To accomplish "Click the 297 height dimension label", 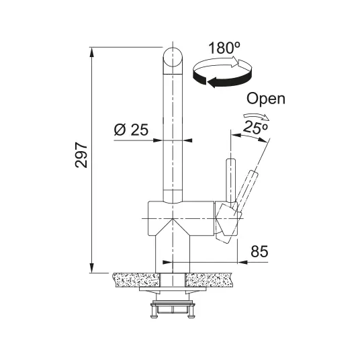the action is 81,155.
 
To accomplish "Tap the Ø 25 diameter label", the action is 131,130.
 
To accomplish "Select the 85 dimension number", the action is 259,251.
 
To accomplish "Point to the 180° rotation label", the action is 224,48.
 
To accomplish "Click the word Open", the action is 266,99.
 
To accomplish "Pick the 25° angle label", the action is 255,127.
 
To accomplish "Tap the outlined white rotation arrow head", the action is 235,62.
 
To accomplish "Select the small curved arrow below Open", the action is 257,116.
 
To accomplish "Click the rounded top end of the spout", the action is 173,57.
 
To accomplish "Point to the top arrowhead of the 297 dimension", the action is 92,52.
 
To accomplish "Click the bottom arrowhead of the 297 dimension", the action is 92,268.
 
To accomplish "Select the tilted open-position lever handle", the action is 246,191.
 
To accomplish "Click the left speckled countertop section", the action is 136,280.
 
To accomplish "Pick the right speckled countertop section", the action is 208,280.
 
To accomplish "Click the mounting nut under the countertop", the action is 173,310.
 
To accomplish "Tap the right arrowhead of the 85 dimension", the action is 242,262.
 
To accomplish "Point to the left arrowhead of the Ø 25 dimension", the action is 158,140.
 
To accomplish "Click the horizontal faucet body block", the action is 181,218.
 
